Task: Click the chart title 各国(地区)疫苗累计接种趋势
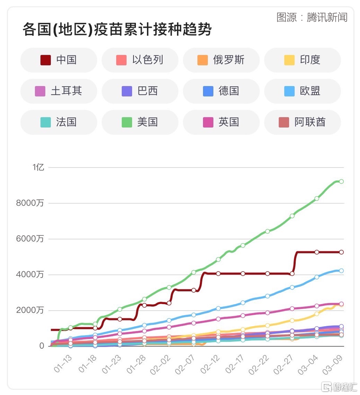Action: coord(117,29)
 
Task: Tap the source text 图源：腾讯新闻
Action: coord(312,17)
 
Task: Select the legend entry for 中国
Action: coord(59,60)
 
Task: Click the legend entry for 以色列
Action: coord(140,60)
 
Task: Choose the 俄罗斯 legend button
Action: coord(221,60)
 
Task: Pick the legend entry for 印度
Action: coord(302,60)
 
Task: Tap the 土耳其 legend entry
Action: coord(59,91)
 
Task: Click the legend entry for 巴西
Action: coord(140,91)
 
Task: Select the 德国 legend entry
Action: coord(221,91)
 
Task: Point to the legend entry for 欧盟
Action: coord(302,91)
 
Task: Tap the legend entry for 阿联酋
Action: coord(302,122)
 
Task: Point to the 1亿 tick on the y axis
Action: coord(38,167)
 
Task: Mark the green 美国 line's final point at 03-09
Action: coord(341,182)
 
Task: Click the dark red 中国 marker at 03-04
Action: coord(316,252)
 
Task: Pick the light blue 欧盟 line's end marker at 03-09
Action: coord(341,271)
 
